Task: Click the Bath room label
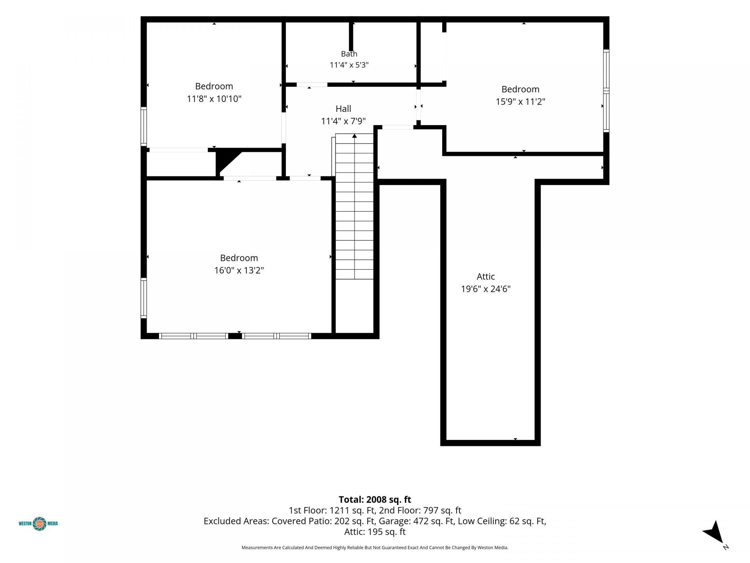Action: (349, 54)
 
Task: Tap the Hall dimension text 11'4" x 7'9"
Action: (343, 121)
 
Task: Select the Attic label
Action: (486, 276)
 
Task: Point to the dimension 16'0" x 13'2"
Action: (239, 270)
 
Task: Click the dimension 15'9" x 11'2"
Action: (520, 102)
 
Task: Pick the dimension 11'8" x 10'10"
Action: (214, 99)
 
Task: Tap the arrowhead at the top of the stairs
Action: (354, 136)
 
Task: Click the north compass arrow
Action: (714, 533)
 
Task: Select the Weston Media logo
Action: (39, 524)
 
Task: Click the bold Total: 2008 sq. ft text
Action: (375, 499)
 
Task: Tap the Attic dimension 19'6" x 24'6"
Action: (486, 289)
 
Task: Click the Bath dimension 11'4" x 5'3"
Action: (349, 65)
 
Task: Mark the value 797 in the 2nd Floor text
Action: (431, 510)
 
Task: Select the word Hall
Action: (343, 109)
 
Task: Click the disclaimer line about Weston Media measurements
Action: (375, 548)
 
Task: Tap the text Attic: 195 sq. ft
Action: (375, 532)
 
